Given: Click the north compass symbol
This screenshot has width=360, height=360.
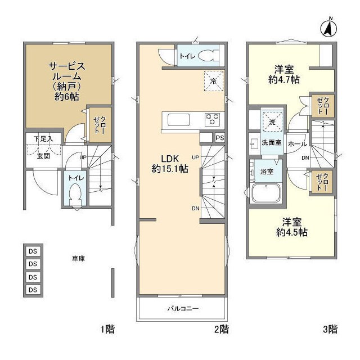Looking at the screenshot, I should click(x=330, y=26).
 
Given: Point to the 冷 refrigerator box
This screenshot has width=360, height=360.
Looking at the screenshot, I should click(x=213, y=80).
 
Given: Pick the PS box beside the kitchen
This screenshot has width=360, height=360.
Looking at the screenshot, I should click(x=219, y=137).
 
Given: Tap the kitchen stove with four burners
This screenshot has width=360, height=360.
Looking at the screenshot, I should click(x=213, y=119).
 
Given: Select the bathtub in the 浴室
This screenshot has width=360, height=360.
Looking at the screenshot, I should click(x=266, y=193).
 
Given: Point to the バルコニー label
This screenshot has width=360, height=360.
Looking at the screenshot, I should click(x=183, y=308).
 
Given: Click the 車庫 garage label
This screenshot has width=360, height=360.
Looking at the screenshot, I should click(x=78, y=258).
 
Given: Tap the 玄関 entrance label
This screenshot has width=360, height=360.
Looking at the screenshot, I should click(x=43, y=156).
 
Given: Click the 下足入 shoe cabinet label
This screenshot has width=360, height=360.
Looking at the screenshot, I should click(x=43, y=138).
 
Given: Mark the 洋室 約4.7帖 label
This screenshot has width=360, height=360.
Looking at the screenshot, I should click(x=286, y=74).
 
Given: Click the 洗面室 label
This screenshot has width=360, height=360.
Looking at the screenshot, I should click(x=271, y=143).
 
